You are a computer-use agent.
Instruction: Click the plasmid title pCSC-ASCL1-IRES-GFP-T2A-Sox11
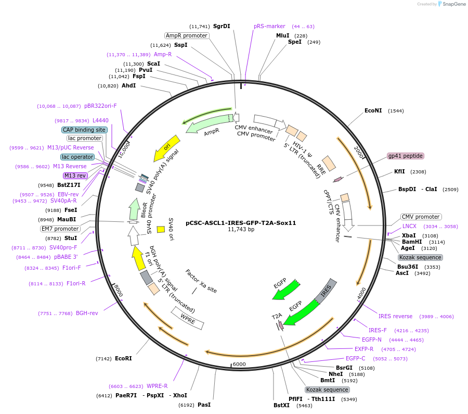pyautogui.click(x=241, y=223)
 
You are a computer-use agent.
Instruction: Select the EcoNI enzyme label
pyautogui.click(x=373, y=111)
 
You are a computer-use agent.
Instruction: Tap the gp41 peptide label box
pyautogui.click(x=406, y=156)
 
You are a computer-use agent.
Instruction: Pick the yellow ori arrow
pyautogui.click(x=167, y=148)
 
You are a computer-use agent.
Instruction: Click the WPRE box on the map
pyautogui.click(x=188, y=318)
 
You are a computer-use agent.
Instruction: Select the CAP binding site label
pyautogui.click(x=84, y=130)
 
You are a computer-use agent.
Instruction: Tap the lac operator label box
pyautogui.click(x=77, y=157)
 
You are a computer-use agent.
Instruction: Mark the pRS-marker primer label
pyautogui.click(x=269, y=27)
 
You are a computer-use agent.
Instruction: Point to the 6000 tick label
pyautogui.click(x=239, y=364)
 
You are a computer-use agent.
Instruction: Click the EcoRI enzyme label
pyautogui.click(x=123, y=359)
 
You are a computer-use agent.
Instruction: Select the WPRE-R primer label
pyautogui.click(x=157, y=386)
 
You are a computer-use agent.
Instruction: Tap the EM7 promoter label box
pyautogui.click(x=60, y=229)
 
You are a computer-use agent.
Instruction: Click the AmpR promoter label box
pyautogui.click(x=186, y=36)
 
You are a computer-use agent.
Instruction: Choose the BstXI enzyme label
pyautogui.click(x=281, y=405)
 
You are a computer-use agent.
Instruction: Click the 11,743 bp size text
pyautogui.click(x=241, y=230)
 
